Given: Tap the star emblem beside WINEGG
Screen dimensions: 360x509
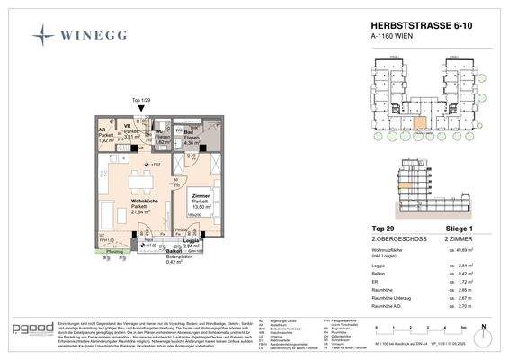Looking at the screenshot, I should pyautogui.click(x=44, y=35).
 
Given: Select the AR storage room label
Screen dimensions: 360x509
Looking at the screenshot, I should pyautogui.click(x=102, y=130).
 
